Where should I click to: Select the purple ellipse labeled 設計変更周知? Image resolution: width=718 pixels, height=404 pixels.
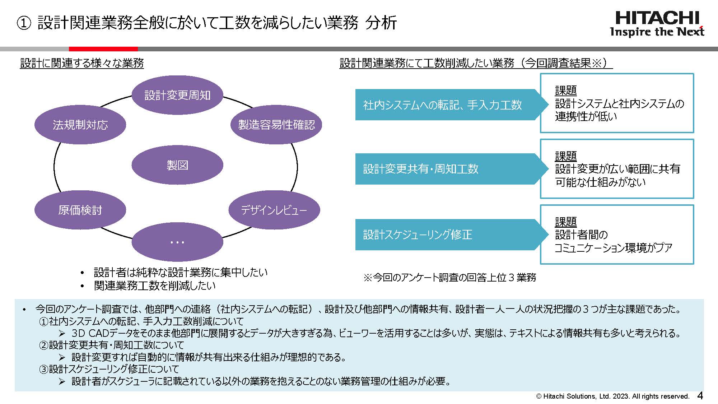pos(177,95)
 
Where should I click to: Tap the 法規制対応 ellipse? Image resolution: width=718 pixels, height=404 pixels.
pos(80,125)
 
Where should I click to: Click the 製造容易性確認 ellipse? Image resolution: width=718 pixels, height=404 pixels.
pos(276,125)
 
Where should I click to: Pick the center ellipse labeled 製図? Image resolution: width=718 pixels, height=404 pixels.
pos(177,165)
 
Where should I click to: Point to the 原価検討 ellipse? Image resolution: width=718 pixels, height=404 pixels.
pos(80,210)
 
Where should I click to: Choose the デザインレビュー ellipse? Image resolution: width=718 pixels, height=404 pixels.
pos(274,210)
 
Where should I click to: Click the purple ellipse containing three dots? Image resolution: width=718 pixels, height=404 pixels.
pos(177,242)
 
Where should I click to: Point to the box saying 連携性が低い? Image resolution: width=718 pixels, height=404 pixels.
pos(617,103)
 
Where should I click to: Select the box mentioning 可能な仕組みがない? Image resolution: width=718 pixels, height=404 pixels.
pos(617,169)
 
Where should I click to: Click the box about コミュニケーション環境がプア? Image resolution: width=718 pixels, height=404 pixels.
pos(617,234)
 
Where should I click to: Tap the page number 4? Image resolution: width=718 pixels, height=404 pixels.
pos(700,396)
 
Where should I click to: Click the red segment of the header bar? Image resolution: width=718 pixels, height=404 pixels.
pos(103,49)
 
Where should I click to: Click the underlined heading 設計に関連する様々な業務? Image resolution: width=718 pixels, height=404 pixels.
pos(82,63)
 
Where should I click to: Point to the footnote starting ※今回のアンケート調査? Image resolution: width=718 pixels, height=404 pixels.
pos(450,277)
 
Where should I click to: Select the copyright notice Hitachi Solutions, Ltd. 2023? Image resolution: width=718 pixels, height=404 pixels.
pos(612,396)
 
